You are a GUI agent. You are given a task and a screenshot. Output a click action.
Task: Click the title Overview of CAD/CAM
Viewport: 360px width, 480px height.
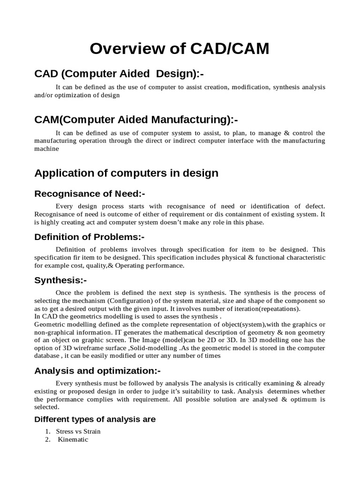180,48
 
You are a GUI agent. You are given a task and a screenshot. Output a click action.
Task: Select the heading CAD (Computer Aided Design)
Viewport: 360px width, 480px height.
120,74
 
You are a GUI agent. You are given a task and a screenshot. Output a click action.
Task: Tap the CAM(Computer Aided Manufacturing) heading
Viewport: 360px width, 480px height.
133,120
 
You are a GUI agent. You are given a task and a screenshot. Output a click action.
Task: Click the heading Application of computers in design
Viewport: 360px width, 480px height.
127,173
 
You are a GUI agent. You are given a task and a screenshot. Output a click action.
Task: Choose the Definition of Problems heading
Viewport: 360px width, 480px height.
89,237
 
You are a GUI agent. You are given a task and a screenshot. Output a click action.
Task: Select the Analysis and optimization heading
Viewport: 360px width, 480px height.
97,371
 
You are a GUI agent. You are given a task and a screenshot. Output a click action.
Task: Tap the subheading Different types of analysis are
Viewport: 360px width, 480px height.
95,420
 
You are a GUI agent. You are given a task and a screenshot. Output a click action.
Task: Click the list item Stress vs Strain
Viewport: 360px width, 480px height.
78,431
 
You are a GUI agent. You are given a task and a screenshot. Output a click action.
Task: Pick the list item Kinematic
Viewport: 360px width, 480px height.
73,440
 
